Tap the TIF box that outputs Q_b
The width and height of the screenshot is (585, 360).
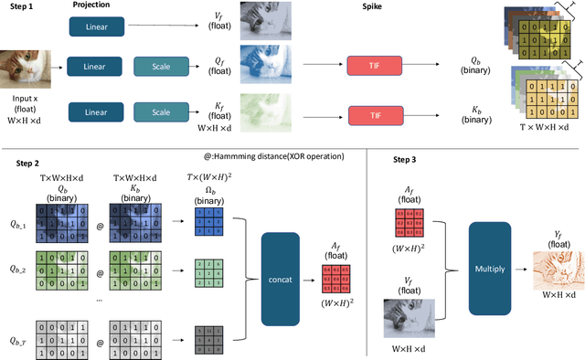coord(373,66)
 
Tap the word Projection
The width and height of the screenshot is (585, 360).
coord(94,5)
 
